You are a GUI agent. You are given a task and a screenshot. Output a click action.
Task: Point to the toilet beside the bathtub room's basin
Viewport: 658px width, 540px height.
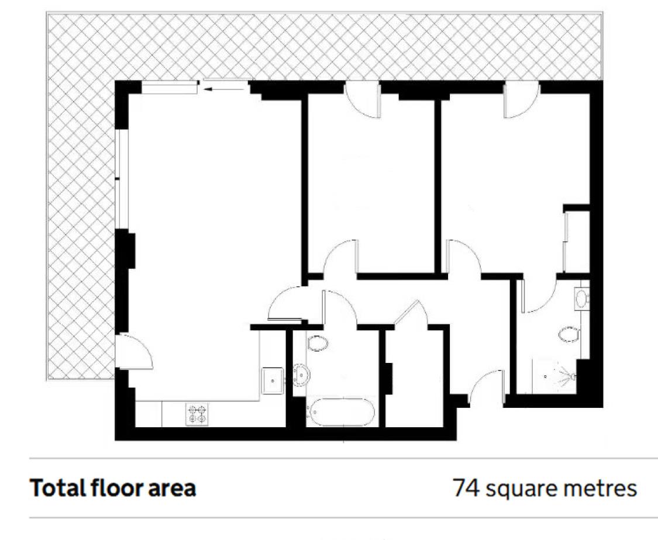point(317,342)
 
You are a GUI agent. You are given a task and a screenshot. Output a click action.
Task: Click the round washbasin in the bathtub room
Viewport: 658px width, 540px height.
point(301,374)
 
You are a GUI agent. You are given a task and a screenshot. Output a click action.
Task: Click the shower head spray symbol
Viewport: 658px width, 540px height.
point(562,375)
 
